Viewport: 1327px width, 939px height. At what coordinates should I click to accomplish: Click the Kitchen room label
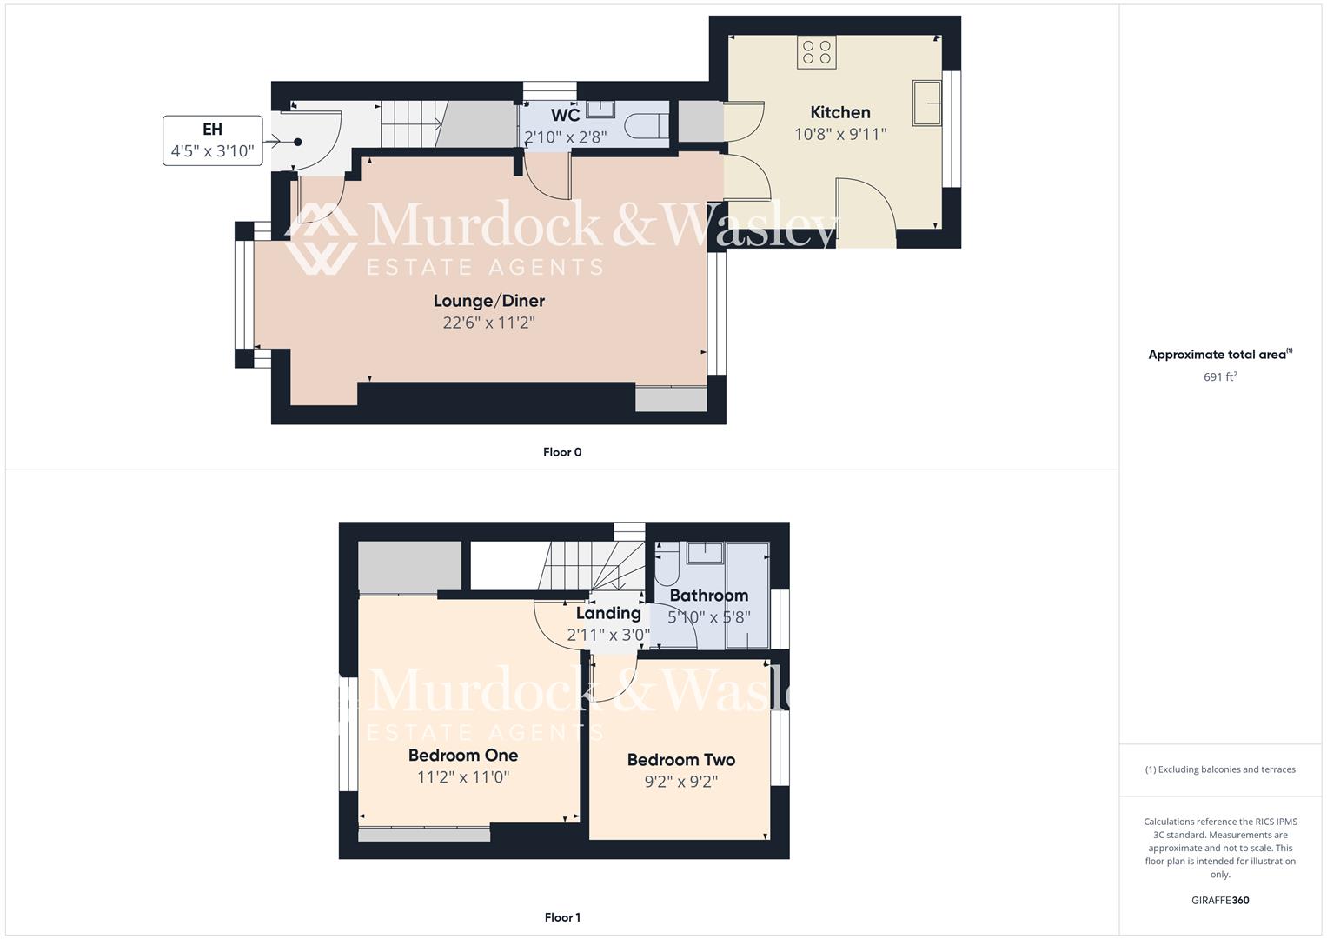(x=839, y=112)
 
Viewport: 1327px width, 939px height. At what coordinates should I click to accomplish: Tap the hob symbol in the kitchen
(x=816, y=52)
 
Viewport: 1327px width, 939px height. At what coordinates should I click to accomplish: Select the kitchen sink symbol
(x=926, y=103)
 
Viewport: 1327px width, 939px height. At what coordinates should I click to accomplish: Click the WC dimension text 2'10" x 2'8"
(x=565, y=137)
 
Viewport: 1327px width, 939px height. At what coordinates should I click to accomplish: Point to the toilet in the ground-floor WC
(x=647, y=125)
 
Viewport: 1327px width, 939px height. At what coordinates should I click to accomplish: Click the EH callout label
(x=212, y=130)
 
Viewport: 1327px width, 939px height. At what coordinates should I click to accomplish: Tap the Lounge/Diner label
(x=489, y=301)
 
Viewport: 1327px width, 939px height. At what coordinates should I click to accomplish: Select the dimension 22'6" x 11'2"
(x=488, y=323)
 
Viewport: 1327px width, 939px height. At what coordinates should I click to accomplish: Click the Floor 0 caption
(x=562, y=452)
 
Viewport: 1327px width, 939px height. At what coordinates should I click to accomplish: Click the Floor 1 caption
(x=562, y=917)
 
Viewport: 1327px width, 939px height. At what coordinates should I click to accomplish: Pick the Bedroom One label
(x=463, y=756)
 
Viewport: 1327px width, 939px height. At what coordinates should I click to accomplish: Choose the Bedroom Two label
(x=681, y=760)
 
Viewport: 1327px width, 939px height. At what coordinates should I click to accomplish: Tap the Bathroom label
(x=709, y=596)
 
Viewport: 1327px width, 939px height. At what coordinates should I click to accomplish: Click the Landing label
(x=608, y=613)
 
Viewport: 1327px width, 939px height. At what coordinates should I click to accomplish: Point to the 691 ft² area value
(x=1220, y=376)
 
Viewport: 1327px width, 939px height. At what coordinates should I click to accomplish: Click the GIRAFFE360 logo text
(x=1220, y=900)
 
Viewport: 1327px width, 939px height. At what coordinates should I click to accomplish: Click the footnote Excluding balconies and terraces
(x=1220, y=769)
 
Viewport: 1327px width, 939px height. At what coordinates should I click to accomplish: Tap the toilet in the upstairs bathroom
(x=667, y=565)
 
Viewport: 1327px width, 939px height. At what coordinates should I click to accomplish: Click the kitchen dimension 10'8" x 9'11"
(x=840, y=134)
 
